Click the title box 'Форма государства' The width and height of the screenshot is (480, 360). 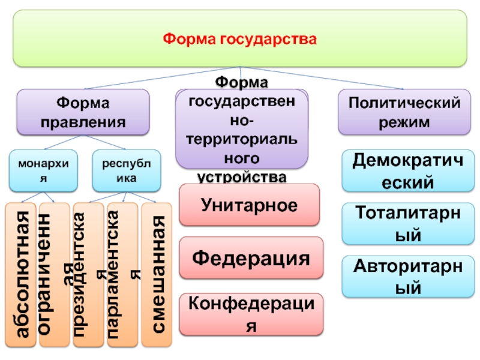click(x=239, y=38)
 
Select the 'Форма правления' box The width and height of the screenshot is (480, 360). click(x=83, y=112)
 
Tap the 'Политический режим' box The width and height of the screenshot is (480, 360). click(x=401, y=112)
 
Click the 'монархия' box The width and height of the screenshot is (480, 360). click(x=43, y=170)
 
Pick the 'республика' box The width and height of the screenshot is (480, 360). click(x=127, y=170)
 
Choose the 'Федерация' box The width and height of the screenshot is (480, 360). click(x=251, y=259)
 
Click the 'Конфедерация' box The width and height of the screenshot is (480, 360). click(x=251, y=313)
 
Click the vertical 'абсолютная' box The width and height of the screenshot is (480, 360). click(x=20, y=275)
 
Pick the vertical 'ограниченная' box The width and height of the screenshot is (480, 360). click(x=53, y=275)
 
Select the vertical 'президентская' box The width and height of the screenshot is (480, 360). click(x=88, y=275)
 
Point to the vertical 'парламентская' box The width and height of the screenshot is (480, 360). click(x=122, y=275)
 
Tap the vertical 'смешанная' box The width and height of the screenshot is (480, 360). click(x=157, y=275)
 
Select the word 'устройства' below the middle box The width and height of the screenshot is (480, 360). click(x=242, y=177)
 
